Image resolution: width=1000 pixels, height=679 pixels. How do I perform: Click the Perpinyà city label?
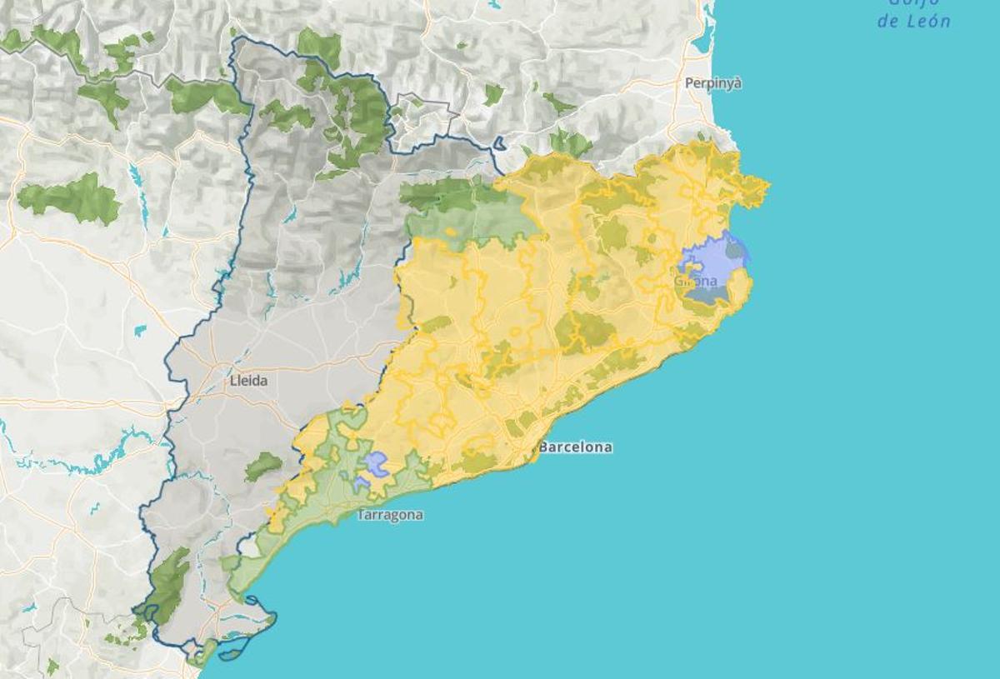click(x=712, y=83)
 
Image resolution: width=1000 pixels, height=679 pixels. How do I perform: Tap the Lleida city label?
click(x=248, y=381)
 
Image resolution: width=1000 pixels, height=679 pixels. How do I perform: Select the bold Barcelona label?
click(x=575, y=447)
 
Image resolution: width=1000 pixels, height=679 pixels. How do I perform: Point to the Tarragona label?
click(x=390, y=515)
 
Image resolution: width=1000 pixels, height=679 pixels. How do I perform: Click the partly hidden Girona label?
click(x=695, y=282)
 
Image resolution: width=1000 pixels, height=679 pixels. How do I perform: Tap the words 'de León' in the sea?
click(x=913, y=22)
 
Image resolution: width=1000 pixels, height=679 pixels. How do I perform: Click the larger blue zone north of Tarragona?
click(x=376, y=463)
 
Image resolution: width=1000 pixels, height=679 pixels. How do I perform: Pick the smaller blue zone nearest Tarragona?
click(x=361, y=483)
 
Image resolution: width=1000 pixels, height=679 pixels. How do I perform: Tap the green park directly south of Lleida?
click(x=263, y=466)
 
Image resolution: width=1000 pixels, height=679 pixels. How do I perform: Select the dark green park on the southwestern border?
click(x=169, y=583)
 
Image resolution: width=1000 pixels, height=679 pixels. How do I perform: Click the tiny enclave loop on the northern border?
click(x=499, y=143)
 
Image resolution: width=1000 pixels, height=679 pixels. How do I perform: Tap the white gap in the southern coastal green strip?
click(x=247, y=547)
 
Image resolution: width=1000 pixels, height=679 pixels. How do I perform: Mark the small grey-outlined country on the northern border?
click(x=425, y=117)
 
